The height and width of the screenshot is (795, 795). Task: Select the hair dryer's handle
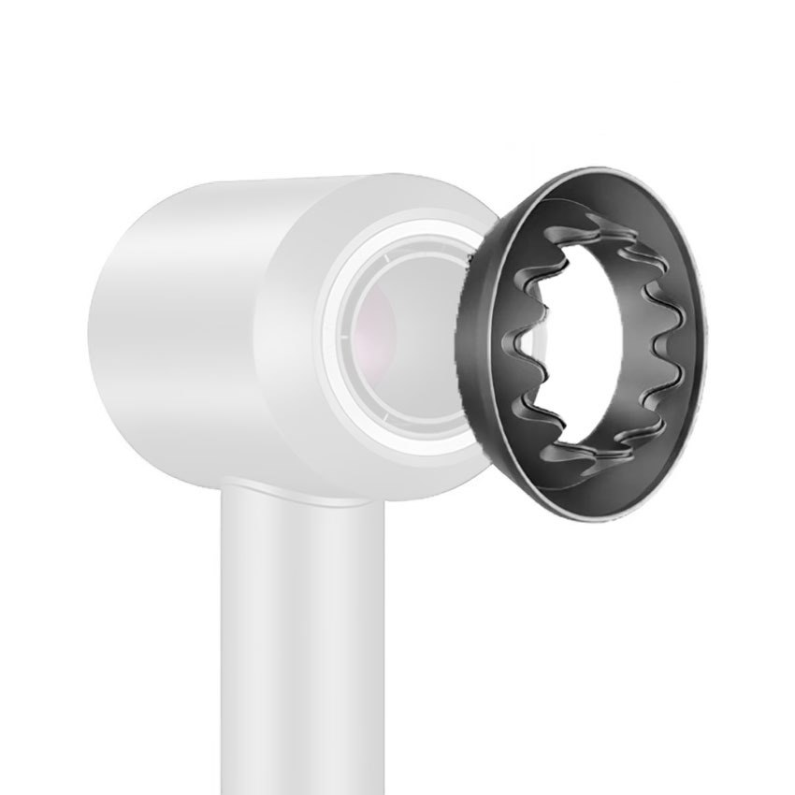[x=290, y=636]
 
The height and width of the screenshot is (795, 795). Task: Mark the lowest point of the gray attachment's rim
[x=599, y=521]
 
